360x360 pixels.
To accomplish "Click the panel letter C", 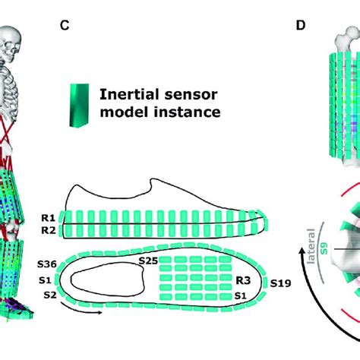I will (66, 25).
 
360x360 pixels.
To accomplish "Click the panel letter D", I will (302, 25).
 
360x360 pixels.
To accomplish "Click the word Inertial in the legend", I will (129, 95).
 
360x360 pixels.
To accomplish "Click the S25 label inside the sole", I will (150, 261).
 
